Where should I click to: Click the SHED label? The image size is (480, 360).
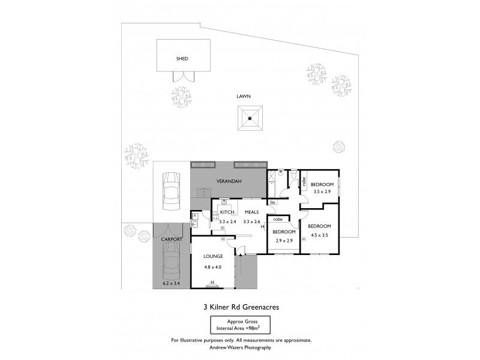pyautogui.click(x=182, y=59)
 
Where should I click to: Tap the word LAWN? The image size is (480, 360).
pyautogui.click(x=243, y=96)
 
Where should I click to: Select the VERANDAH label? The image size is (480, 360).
pyautogui.click(x=228, y=181)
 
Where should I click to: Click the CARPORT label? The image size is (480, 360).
pyautogui.click(x=171, y=239)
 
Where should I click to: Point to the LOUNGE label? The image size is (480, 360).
pyautogui.click(x=212, y=257)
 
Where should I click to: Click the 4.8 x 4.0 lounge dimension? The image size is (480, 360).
pyautogui.click(x=212, y=267)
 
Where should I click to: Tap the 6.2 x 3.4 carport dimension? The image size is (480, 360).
pyautogui.click(x=171, y=283)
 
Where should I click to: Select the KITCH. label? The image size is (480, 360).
pyautogui.click(x=227, y=213)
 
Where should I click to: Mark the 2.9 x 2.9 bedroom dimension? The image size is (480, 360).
pyautogui.click(x=284, y=240)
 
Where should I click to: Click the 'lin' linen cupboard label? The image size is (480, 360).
pyautogui.click(x=272, y=202)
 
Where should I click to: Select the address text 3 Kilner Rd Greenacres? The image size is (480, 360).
pyautogui.click(x=241, y=307)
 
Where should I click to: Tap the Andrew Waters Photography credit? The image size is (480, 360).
pyautogui.click(x=241, y=347)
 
